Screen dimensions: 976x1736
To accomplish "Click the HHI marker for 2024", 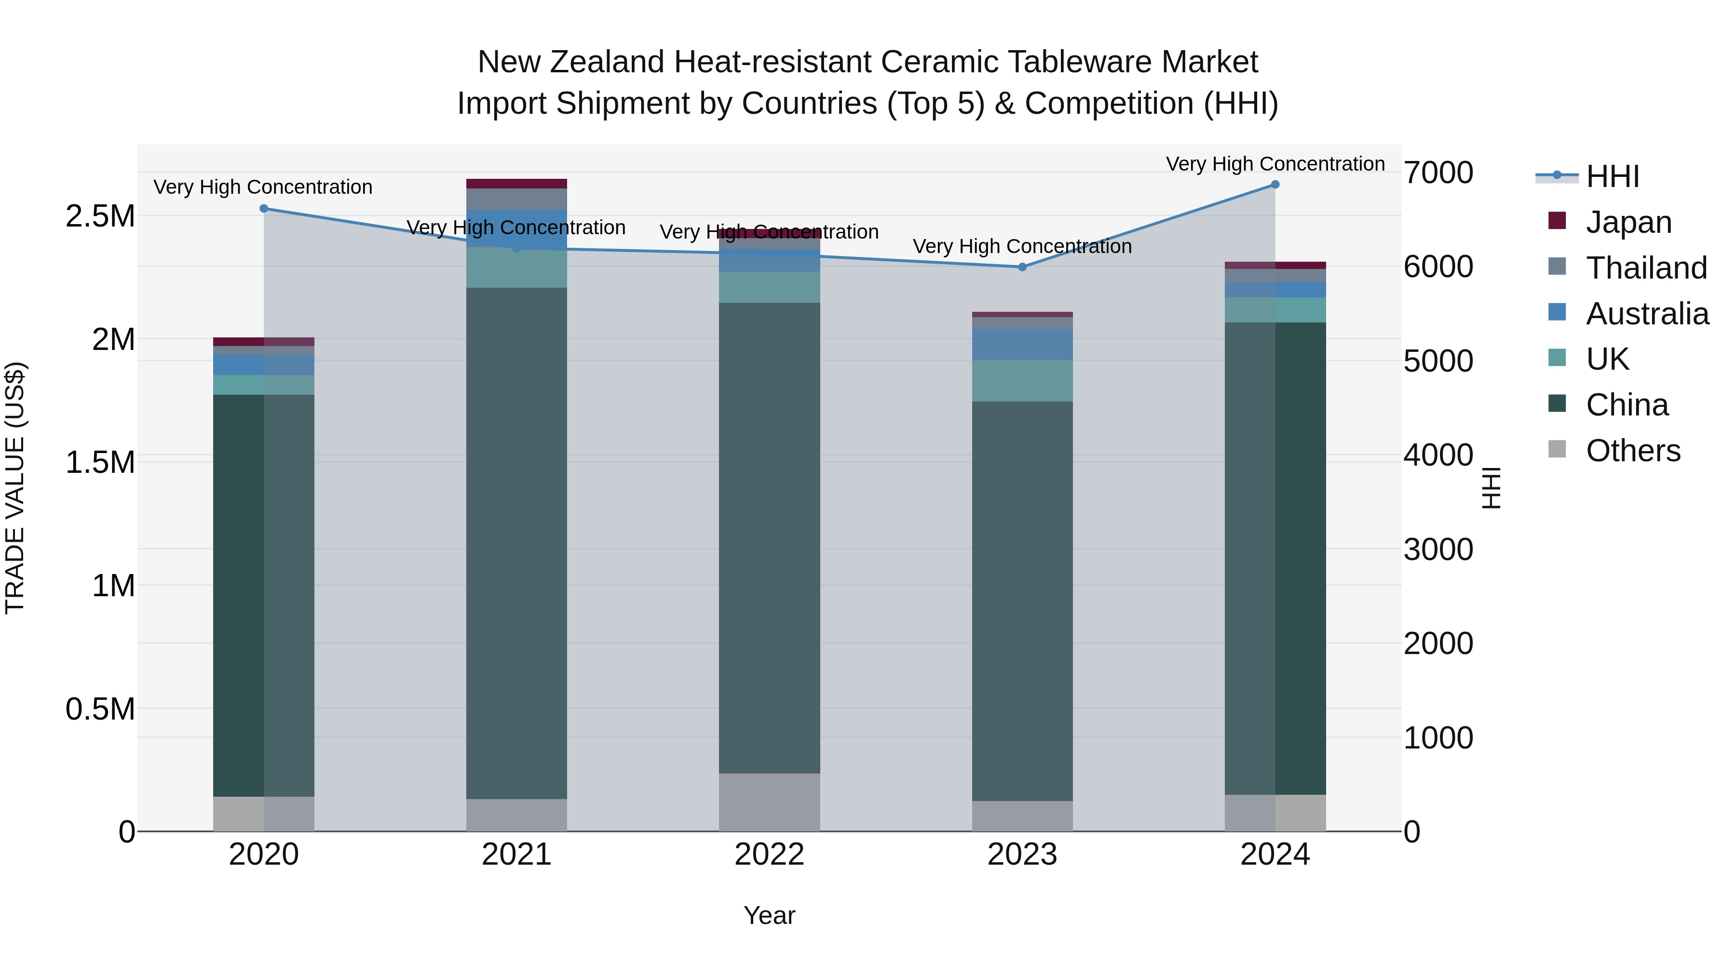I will [x=1275, y=185].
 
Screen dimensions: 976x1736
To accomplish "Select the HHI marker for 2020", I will [x=263, y=209].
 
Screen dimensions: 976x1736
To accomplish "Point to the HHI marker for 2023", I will [x=1022, y=267].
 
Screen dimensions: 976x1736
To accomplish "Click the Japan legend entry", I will [x=1627, y=222].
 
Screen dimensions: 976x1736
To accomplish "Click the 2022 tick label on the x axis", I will [x=769, y=855].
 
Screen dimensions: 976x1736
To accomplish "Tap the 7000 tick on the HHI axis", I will [x=1438, y=173].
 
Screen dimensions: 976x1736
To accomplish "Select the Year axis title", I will [x=769, y=915].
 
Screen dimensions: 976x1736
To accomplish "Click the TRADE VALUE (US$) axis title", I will [x=15, y=488].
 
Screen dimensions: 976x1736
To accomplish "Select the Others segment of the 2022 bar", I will [x=769, y=802].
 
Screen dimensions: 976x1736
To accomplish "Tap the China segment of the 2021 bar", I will [x=516, y=543].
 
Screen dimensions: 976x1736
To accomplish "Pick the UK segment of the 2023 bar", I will [x=1022, y=381].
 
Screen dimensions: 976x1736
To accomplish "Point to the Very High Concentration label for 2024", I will [x=1275, y=164].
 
